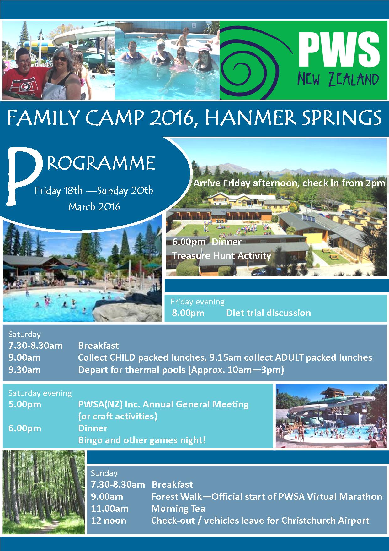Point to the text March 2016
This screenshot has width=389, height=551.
click(x=94, y=206)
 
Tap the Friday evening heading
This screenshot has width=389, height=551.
click(x=198, y=302)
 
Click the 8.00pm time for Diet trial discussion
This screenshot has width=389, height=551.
click(x=188, y=313)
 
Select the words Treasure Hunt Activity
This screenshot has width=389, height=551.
click(x=221, y=256)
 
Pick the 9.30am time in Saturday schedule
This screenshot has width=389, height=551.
click(x=24, y=369)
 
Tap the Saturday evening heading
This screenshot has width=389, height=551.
click(x=40, y=393)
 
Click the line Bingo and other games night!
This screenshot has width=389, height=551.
click(x=142, y=440)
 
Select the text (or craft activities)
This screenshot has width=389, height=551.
click(x=118, y=416)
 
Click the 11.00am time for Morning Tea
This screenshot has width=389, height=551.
click(x=110, y=509)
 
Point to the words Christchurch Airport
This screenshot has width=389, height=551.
click(x=325, y=521)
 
